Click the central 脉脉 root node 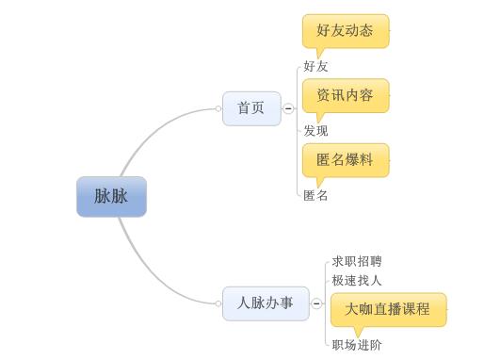tap(111, 197)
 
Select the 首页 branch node tap(250, 108)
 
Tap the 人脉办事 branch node tap(265, 303)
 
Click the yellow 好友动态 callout tap(345, 30)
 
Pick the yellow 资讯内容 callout tap(345, 94)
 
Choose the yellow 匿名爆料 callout tap(345, 159)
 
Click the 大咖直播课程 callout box tap(387, 308)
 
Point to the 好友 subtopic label tap(316, 67)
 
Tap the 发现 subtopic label tap(316, 131)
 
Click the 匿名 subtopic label tap(316, 196)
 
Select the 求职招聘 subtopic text tap(357, 261)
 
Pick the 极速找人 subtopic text tap(357, 280)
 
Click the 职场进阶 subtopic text tap(357, 345)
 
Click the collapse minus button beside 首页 tap(288, 109)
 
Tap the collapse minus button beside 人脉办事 tap(316, 303)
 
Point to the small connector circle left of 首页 tap(218, 109)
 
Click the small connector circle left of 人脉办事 tap(218, 303)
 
